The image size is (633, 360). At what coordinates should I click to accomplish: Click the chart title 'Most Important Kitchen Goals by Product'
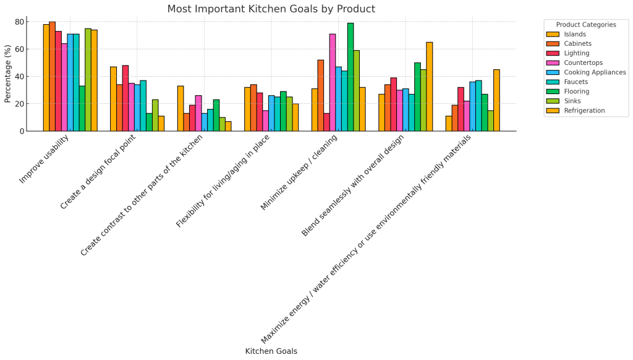[x=271, y=9]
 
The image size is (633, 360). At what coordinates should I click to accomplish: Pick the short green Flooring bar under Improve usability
[x=82, y=108]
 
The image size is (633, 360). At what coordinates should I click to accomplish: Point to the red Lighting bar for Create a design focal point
[x=125, y=98]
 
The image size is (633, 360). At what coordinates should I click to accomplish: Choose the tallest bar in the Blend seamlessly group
[x=429, y=87]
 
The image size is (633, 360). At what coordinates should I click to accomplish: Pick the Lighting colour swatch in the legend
[x=553, y=53]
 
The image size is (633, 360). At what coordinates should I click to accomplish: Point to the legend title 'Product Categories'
[x=586, y=25]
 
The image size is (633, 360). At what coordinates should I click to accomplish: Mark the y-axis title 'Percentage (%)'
[x=7, y=74]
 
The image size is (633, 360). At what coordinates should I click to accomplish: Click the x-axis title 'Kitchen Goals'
[x=271, y=351]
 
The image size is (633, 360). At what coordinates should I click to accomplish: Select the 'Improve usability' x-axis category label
[x=44, y=160]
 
